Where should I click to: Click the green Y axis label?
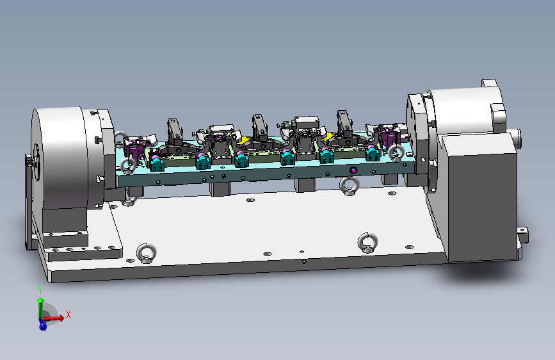coord(40,290)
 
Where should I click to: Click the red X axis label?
coord(68,315)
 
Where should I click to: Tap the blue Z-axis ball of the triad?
coord(43,325)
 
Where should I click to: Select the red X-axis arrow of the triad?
coord(53,318)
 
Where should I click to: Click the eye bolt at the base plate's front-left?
coord(146,253)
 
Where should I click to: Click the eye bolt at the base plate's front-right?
coord(367,243)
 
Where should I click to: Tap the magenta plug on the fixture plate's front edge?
coord(353,170)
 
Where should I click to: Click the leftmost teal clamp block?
coord(156,163)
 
